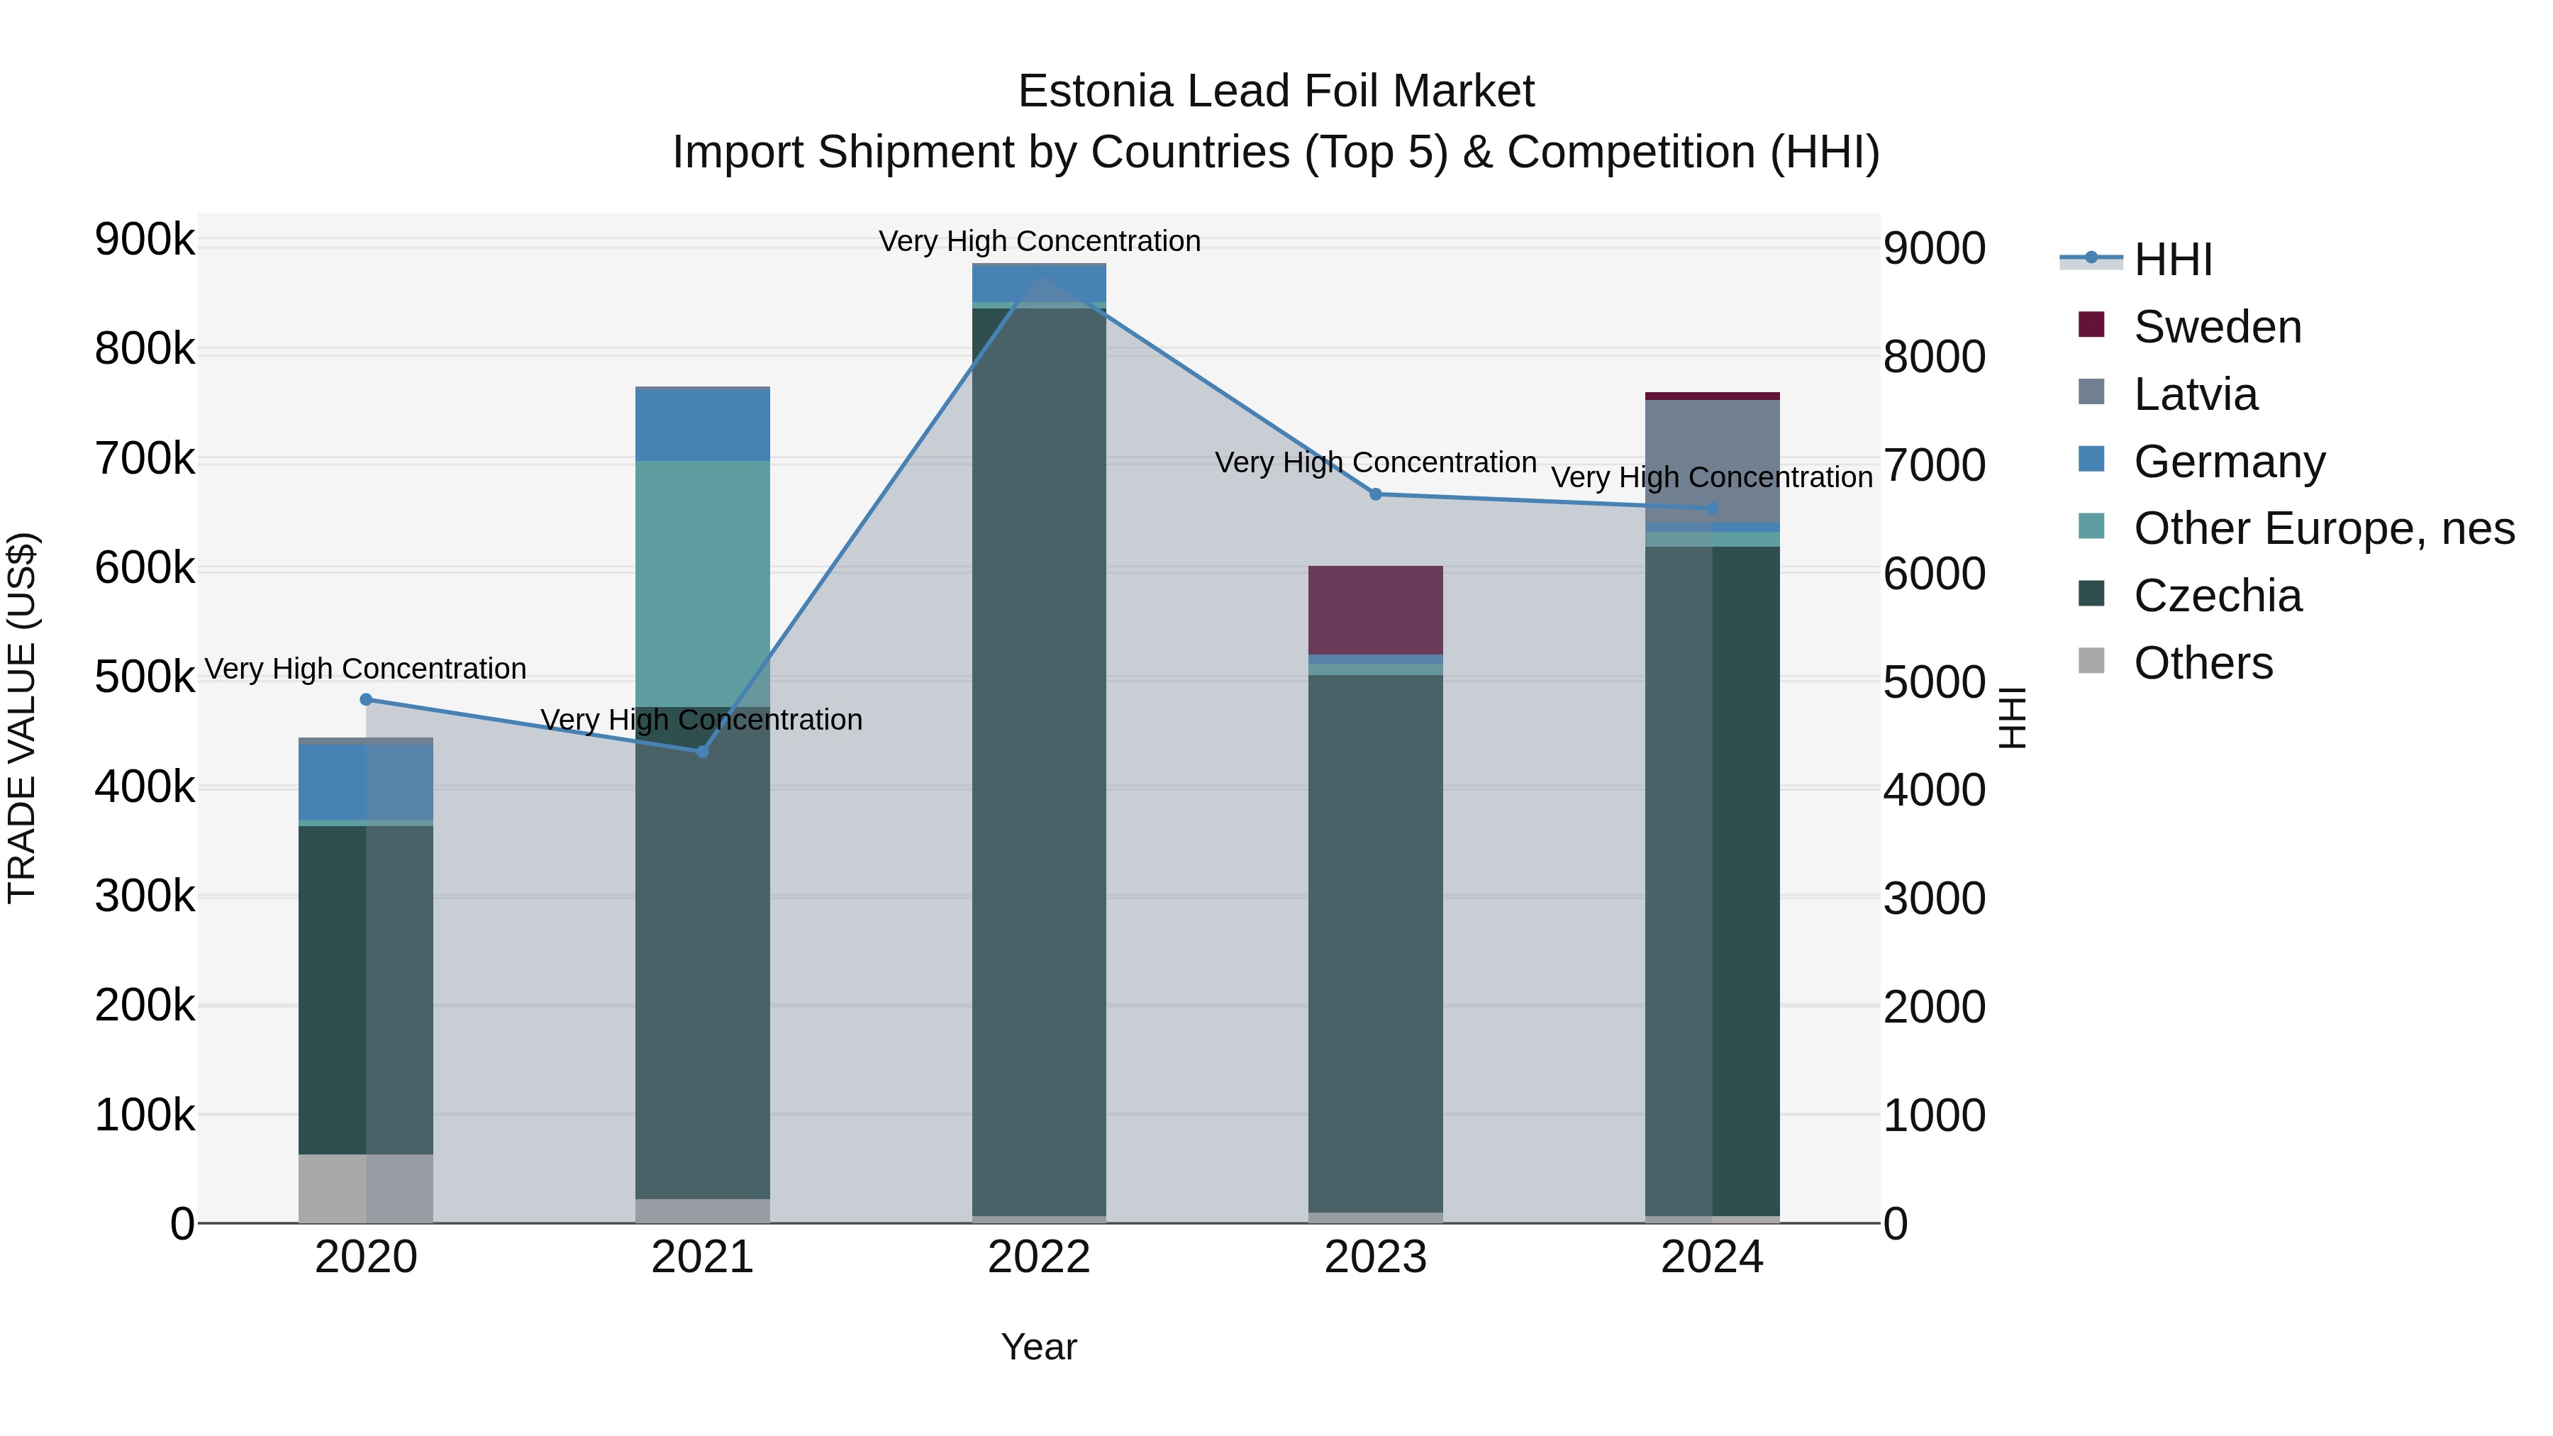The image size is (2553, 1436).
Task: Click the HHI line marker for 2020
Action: click(366, 700)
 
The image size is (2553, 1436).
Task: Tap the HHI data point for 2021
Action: click(703, 751)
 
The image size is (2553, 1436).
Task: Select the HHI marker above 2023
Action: click(1376, 494)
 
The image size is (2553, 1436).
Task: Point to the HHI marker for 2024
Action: click(1712, 508)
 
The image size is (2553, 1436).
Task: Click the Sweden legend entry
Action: click(2217, 327)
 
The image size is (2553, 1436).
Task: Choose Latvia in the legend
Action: click(2195, 394)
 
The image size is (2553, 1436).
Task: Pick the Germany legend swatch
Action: click(2091, 460)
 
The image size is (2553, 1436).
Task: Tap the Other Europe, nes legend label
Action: click(2324, 528)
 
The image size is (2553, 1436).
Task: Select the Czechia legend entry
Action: click(2217, 596)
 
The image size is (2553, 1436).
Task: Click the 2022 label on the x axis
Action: click(1039, 1257)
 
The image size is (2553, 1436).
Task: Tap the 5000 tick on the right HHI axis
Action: click(1934, 681)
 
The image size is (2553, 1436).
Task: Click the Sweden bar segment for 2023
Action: click(1376, 609)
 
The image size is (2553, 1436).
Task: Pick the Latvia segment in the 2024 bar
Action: click(1712, 461)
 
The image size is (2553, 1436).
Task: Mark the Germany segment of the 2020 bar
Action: click(366, 782)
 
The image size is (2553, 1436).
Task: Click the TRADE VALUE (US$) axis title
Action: click(22, 718)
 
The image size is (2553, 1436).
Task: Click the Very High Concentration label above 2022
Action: click(1040, 241)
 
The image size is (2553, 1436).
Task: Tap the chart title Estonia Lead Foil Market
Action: click(1276, 91)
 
